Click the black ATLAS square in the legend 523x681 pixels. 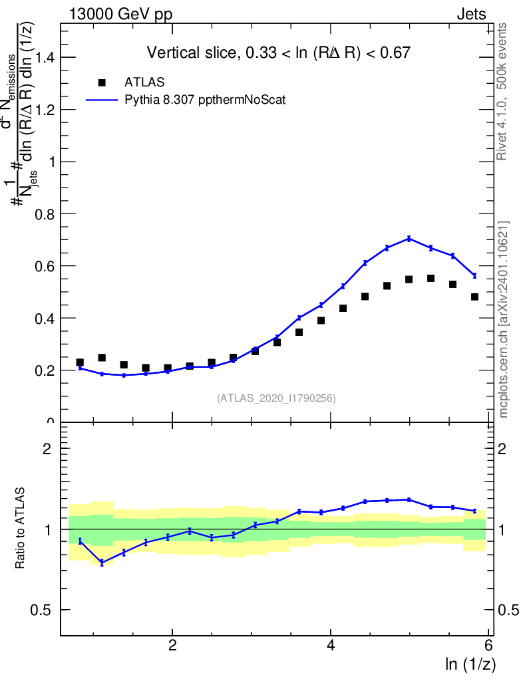102,82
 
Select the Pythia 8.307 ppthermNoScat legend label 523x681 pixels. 206,100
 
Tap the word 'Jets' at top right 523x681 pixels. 470,15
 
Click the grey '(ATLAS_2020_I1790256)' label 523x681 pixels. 276,398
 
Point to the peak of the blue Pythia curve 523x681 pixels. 409,238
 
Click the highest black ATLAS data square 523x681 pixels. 431,278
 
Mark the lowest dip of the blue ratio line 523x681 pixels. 102,563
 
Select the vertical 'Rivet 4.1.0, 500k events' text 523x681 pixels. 502,91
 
